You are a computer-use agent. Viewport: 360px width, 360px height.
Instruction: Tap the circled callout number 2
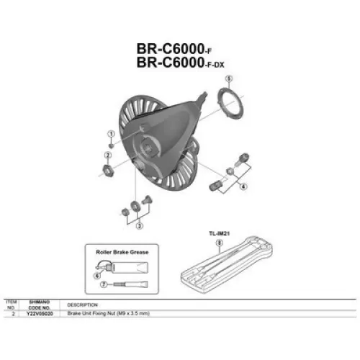(x=107, y=156)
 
